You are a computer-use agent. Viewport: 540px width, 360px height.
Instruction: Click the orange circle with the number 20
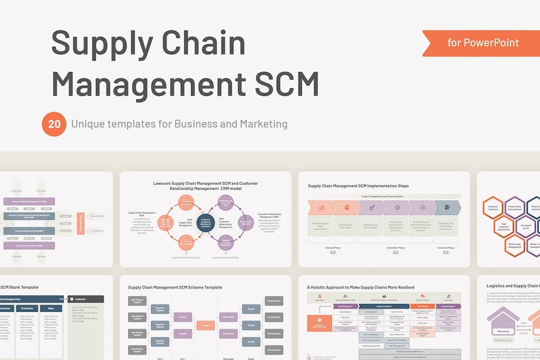pyautogui.click(x=53, y=124)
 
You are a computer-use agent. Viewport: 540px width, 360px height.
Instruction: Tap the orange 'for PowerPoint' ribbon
pyautogui.click(x=482, y=43)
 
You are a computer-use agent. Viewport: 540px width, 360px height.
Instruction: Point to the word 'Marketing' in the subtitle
pyautogui.click(x=261, y=124)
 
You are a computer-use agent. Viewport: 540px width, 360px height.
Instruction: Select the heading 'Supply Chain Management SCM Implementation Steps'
pyautogui.click(x=358, y=185)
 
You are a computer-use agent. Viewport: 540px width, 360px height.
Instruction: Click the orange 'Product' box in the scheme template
pyautogui.click(x=205, y=325)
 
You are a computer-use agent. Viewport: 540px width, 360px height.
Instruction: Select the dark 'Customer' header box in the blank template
pyautogui.click(x=86, y=299)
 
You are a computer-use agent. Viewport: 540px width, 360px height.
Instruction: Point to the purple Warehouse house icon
pyautogui.click(x=503, y=324)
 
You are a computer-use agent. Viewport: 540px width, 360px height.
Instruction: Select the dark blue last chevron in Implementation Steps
pyautogui.click(x=447, y=208)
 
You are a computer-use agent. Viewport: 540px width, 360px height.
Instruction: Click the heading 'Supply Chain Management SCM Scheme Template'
pyautogui.click(x=175, y=287)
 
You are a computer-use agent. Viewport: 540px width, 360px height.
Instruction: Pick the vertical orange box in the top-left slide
pyautogui.click(x=81, y=224)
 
